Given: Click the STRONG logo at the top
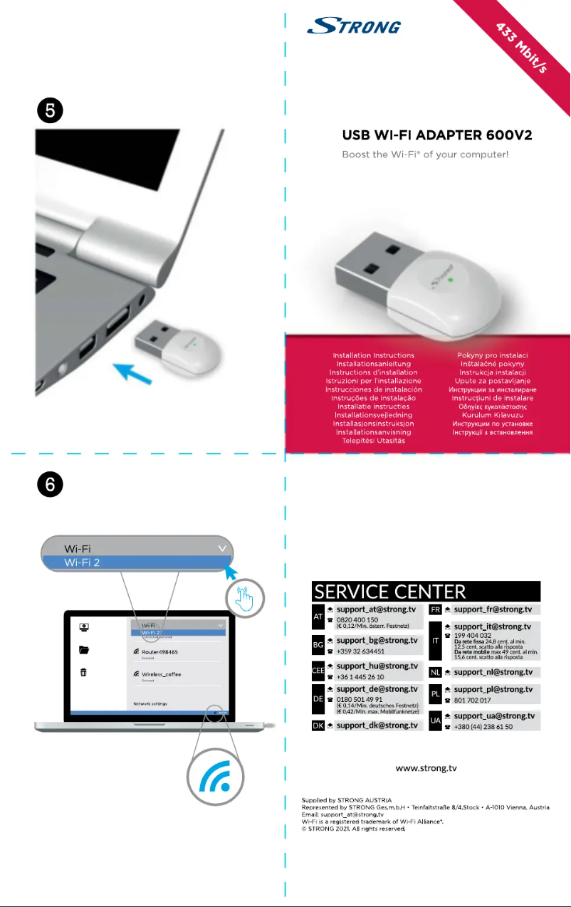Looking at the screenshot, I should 353,26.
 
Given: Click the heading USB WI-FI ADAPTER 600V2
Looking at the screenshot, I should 437,135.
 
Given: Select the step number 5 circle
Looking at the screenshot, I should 51,112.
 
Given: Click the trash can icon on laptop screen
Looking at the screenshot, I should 84,673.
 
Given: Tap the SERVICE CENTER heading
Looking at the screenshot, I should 390,592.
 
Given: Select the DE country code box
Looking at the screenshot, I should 318,700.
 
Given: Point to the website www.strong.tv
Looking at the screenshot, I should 426,768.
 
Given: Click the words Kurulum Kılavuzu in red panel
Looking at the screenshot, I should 492,415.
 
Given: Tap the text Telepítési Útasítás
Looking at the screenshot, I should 373,441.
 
